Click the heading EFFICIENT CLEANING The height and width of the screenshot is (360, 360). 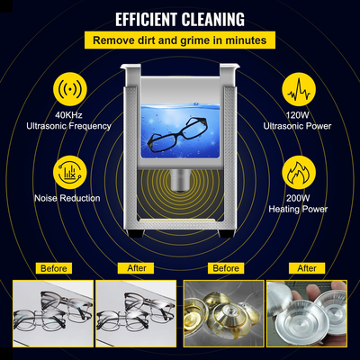[180, 19]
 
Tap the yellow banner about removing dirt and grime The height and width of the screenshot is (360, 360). [180, 41]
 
